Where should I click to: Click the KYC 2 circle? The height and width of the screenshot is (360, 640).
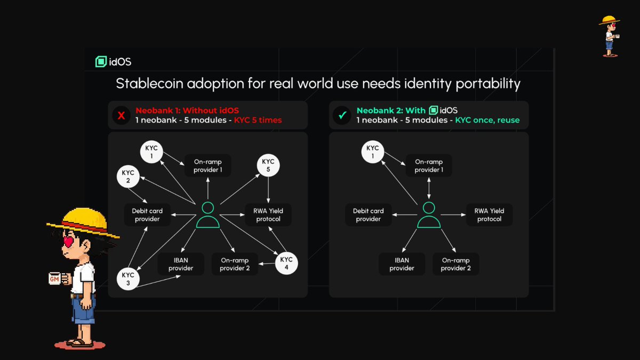pos(128,177)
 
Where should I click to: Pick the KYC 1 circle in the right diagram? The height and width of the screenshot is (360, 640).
pos(373,151)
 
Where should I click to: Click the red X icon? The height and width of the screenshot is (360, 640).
pos(121,115)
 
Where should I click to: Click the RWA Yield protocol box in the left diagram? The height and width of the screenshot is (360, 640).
pos(269,215)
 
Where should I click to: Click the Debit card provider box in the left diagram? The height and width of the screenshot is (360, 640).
pos(147,215)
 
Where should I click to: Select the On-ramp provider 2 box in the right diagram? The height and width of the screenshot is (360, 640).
pos(455,264)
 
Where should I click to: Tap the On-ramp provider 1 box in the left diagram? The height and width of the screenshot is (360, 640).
pos(208,166)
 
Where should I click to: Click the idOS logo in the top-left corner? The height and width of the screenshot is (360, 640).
pos(113,62)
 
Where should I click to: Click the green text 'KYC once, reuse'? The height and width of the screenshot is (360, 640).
pos(486,121)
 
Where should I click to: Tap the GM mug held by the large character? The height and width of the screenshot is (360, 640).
pos(57,278)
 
